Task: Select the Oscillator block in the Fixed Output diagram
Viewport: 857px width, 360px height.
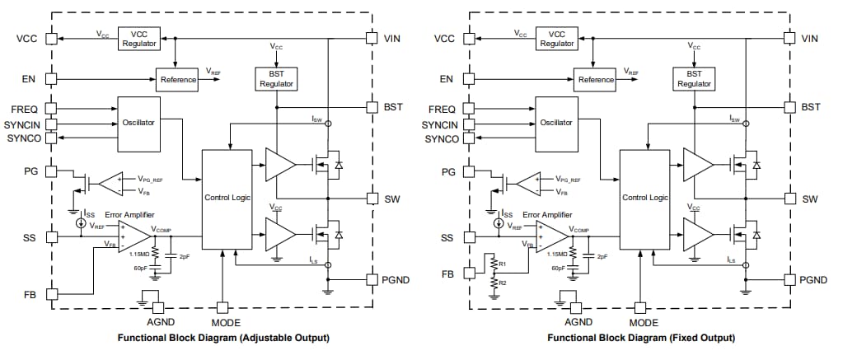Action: coord(556,122)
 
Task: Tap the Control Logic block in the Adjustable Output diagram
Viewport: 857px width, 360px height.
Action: coord(227,199)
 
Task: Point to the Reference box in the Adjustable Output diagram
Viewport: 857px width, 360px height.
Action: coord(178,79)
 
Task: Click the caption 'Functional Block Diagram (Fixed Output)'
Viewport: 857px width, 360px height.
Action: coord(641,339)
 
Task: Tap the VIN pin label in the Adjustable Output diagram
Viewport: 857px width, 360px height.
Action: coord(393,39)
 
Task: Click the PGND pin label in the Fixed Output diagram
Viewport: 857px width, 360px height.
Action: coord(816,280)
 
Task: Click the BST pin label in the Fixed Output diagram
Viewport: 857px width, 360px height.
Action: coord(811,107)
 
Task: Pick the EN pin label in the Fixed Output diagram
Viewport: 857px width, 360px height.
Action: coord(447,79)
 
